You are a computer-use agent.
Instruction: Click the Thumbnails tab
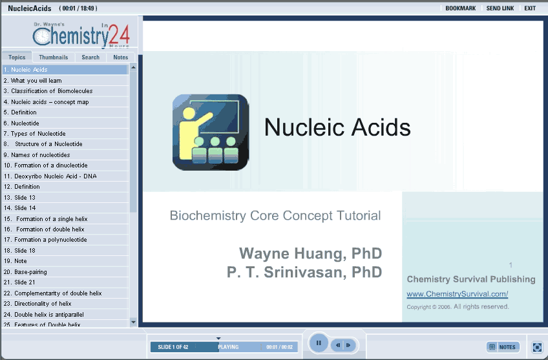coord(53,57)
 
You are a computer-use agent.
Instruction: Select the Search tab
coord(90,57)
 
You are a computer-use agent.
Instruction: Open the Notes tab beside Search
coord(121,57)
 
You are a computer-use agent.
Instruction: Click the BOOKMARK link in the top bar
coord(460,8)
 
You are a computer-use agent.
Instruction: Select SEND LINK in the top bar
coord(500,8)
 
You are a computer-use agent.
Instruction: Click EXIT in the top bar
coord(530,8)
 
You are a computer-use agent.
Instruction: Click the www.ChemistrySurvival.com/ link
coord(457,294)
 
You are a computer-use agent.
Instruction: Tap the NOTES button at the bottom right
coord(503,346)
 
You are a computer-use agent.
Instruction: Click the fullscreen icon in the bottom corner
coord(537,347)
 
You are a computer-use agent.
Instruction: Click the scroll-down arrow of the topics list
coord(133,322)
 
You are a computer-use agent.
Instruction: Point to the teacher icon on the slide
coord(211,132)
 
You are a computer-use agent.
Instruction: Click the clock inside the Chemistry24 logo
coord(42,36)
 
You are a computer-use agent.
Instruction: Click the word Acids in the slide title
coord(381,127)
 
